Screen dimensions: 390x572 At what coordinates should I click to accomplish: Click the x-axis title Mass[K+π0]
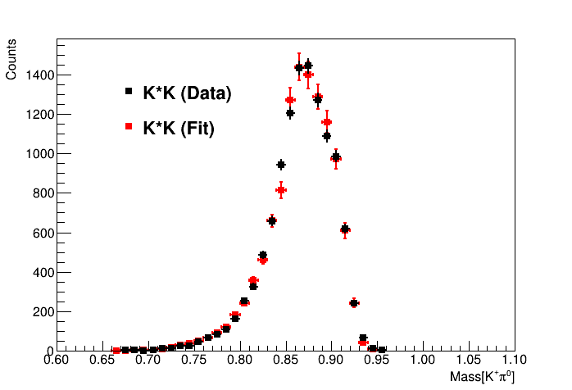(483, 377)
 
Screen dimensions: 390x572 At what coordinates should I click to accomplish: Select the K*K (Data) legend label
(187, 93)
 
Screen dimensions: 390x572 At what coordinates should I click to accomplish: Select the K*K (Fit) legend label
(179, 129)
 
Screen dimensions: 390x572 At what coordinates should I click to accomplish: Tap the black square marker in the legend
(129, 92)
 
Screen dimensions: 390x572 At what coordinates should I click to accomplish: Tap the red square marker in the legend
(129, 127)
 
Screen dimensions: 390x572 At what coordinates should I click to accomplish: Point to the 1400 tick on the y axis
(39, 75)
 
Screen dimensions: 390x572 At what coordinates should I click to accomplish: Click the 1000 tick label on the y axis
(39, 154)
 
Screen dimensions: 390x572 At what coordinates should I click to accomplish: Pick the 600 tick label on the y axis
(43, 233)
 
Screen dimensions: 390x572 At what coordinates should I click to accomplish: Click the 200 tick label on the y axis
(43, 311)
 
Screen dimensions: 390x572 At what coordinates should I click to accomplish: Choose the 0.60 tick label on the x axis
(56, 360)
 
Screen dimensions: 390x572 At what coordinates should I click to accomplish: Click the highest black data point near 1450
(308, 65)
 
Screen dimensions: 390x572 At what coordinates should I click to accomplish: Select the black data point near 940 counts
(281, 165)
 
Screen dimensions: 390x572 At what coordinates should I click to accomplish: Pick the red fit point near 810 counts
(281, 190)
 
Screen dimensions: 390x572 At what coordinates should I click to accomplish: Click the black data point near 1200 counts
(290, 114)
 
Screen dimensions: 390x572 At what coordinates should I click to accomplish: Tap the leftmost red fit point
(116, 350)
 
